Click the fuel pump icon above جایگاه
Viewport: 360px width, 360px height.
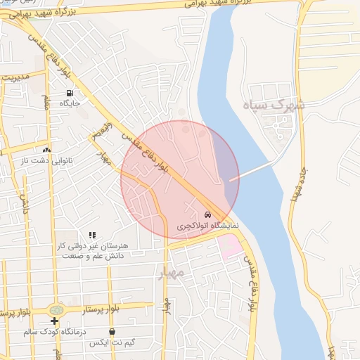coord(70,93)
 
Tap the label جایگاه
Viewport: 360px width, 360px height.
coord(70,103)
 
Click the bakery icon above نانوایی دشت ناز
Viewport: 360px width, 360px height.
coord(46,149)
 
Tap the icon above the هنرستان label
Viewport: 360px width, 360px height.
coord(91,236)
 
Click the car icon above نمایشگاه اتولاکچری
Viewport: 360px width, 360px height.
coord(207,214)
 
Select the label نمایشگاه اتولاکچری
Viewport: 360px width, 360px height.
coord(207,226)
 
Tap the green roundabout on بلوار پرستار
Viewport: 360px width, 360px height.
coord(56,309)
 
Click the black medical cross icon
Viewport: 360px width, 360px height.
coord(55,321)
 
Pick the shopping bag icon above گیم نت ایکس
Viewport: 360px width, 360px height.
coord(112,332)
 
